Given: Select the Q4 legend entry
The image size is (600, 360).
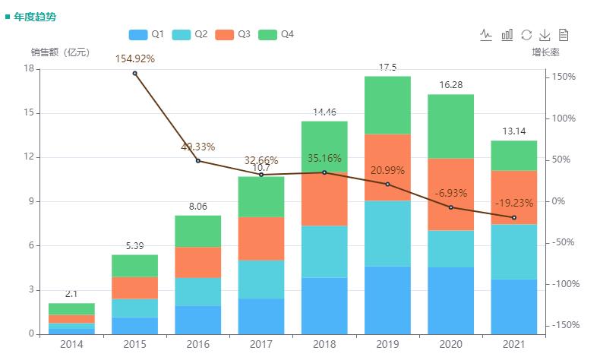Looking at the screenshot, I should tap(276, 35).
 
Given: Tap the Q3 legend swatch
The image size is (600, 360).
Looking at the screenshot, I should tap(226, 35).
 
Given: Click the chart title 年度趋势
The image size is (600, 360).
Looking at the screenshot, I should tap(35, 16).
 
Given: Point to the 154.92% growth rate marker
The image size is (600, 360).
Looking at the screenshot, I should tap(135, 73).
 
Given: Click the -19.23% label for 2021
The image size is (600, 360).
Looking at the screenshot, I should tap(514, 204).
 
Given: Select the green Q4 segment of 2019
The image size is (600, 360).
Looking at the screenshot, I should tap(387, 105).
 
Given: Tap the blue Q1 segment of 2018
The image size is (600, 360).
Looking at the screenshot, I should tap(324, 305).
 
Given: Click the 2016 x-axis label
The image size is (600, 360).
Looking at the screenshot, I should tap(198, 345).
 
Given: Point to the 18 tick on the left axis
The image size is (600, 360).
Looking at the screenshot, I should tap(29, 68).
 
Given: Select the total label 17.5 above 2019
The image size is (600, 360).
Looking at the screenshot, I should tap(387, 68).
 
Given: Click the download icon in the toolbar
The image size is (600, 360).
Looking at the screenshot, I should tap(545, 35).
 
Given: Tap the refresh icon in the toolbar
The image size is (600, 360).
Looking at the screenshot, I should tap(526, 35).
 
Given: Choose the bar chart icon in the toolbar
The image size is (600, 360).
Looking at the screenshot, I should tap(507, 35).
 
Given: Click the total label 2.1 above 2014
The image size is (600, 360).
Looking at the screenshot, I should tap(71, 294).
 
